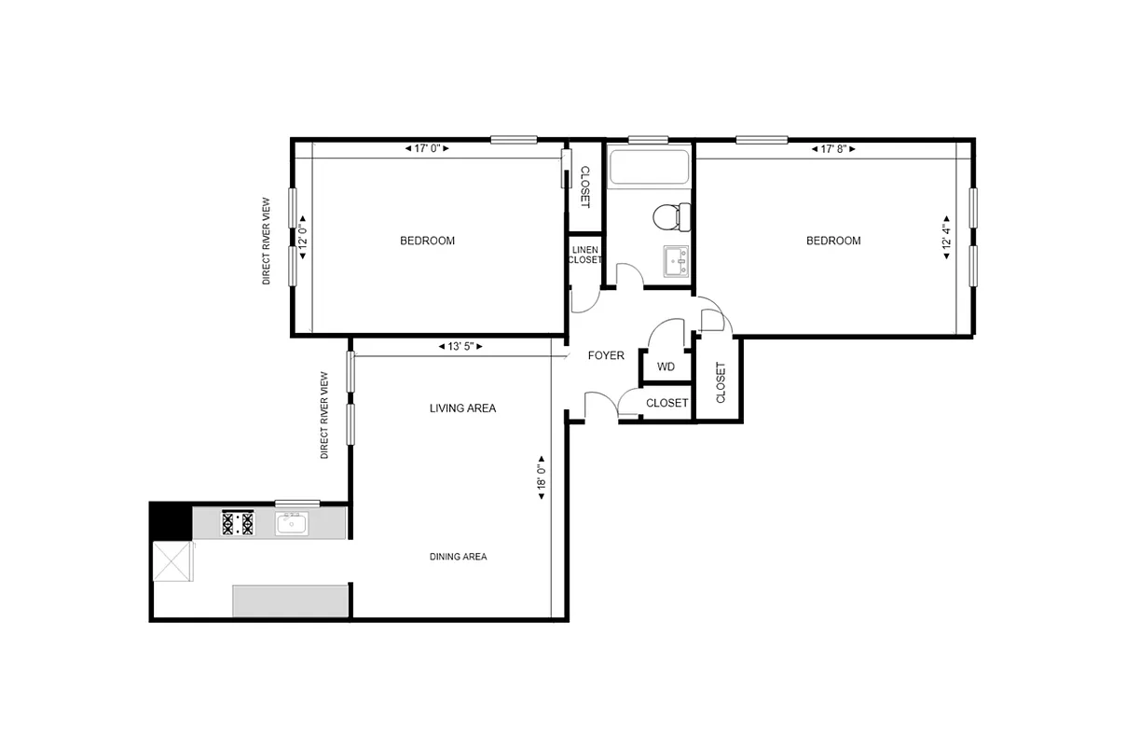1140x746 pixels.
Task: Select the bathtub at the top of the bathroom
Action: (x=649, y=168)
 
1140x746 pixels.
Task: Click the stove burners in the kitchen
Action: (x=238, y=523)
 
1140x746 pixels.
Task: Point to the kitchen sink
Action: (x=292, y=524)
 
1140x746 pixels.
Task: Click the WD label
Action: (x=666, y=366)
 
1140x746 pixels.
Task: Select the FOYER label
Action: (x=606, y=355)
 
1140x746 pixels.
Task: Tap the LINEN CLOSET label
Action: (x=585, y=255)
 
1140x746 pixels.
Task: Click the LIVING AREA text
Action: (x=462, y=408)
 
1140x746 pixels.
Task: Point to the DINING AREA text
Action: (x=458, y=557)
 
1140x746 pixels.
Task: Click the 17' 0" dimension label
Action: (x=427, y=148)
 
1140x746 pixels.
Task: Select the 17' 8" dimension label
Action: (x=833, y=148)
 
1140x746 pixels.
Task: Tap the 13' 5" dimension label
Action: (x=460, y=346)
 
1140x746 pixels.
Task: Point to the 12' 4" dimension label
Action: (x=946, y=238)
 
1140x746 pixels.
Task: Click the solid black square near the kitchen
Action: (x=171, y=520)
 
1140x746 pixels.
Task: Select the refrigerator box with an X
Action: (x=172, y=562)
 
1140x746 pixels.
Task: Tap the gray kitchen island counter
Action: (x=290, y=601)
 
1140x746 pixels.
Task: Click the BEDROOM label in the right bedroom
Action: (x=833, y=241)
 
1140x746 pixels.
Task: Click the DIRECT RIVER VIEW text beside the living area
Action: (x=324, y=416)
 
